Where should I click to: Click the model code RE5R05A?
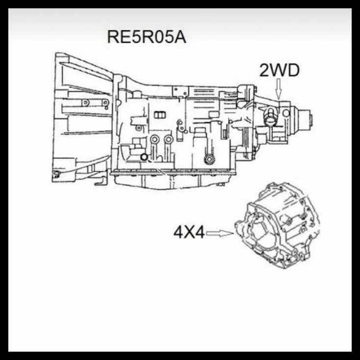point(147,37)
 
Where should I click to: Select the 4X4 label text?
point(189,232)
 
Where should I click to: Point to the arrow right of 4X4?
point(219,233)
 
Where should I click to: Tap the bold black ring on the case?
point(144,157)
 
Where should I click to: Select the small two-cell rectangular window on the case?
point(159,115)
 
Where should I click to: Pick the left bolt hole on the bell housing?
point(86,103)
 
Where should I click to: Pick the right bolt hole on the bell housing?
point(105,103)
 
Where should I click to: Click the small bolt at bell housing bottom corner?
point(57,174)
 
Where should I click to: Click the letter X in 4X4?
point(189,232)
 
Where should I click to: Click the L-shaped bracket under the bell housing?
point(100,182)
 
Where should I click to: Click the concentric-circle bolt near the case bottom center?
point(209,159)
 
